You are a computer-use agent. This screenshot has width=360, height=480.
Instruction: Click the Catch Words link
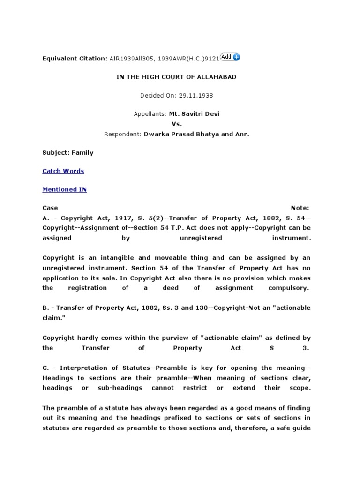pyautogui.click(x=63, y=171)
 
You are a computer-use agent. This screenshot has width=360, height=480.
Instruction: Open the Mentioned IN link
pyautogui.click(x=65, y=189)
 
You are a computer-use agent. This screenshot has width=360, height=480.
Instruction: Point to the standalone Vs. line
pyautogui.click(x=176, y=124)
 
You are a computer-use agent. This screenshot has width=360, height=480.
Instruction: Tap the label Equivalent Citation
pyautogui.click(x=75, y=59)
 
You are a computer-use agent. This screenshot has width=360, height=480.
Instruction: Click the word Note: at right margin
pyautogui.click(x=300, y=208)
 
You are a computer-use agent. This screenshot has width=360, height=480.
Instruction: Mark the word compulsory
pyautogui.click(x=289, y=288)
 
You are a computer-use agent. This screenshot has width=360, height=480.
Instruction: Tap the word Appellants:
pyautogui.click(x=147, y=114)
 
